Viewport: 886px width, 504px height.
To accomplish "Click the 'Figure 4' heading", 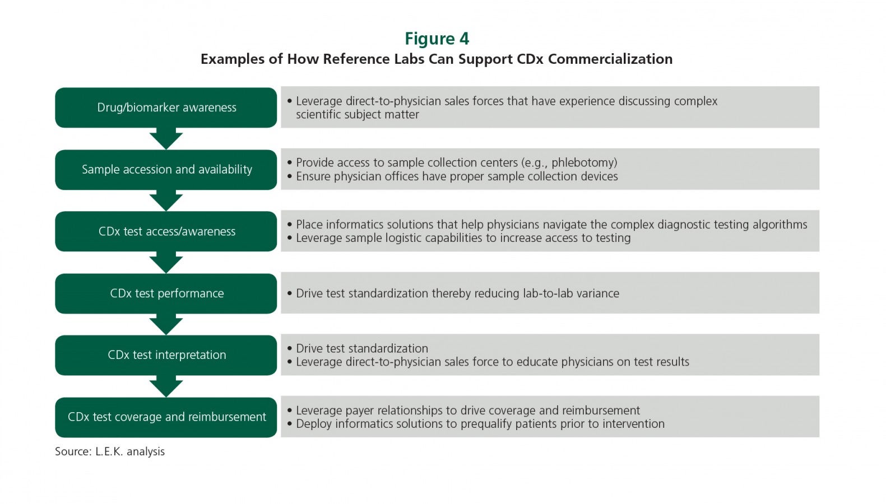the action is coord(437,39).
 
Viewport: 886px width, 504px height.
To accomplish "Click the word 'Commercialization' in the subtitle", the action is coord(610,59).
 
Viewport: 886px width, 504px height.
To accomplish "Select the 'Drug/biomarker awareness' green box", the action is coord(166,108).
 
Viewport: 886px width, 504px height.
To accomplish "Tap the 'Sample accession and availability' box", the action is coord(166,170).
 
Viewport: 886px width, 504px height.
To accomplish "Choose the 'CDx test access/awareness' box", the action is coord(166,231).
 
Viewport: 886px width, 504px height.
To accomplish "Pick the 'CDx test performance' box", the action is coord(166,293).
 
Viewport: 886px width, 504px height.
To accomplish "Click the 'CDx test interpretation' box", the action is coord(166,355).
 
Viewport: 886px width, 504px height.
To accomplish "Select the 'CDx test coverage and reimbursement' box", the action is coord(166,417).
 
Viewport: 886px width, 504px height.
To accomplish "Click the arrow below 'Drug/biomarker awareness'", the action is coord(166,139).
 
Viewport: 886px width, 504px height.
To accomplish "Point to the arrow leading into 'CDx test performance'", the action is coord(166,263).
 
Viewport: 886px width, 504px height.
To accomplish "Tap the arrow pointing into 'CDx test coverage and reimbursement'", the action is coord(166,386).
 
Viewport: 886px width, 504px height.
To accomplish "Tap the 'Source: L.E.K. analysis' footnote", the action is coord(110,451).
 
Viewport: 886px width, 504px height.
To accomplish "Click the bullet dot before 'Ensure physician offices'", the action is coord(290,176).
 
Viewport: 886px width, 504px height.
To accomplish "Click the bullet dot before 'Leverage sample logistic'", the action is coord(290,238).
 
